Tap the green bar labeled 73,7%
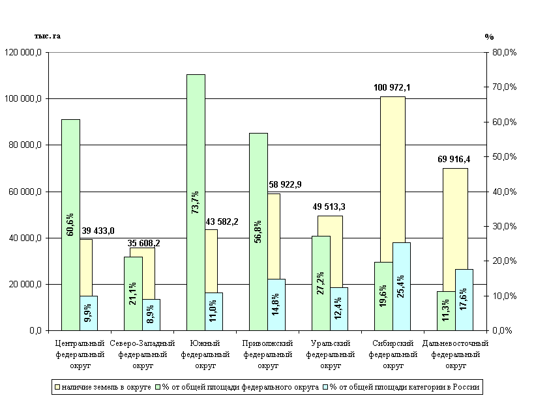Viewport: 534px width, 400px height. tap(196, 202)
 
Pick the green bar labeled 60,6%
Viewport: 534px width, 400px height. tap(70, 225)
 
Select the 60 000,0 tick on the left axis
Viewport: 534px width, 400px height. tap(25, 192)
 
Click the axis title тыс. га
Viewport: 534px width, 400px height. tap(48, 36)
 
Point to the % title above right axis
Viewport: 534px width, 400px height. tap(489, 36)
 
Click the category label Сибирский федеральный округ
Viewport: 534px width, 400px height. tap(393, 354)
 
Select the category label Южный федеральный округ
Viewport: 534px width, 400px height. tap(205, 354)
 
